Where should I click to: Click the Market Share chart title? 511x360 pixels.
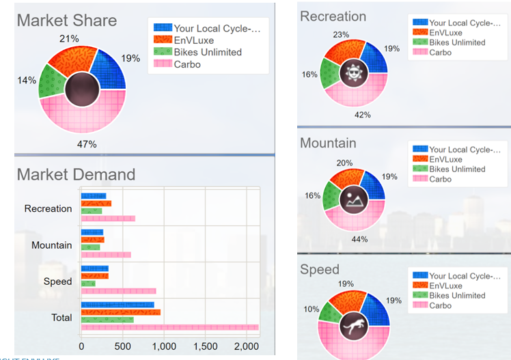pyautogui.click(x=66, y=20)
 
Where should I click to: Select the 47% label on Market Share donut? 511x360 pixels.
pyautogui.click(x=87, y=144)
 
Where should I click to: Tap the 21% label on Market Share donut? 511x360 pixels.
pyautogui.click(x=69, y=38)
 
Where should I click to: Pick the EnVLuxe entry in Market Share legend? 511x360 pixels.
pyautogui.click(x=194, y=40)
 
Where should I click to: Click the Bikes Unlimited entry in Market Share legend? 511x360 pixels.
pyautogui.click(x=207, y=53)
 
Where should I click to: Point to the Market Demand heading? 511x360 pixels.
pyautogui.click(x=76, y=175)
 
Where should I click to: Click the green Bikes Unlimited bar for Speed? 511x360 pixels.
pyautogui.click(x=88, y=283)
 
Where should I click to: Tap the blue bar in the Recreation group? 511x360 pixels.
pyautogui.click(x=94, y=196)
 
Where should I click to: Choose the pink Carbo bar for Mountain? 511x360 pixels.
pyautogui.click(x=106, y=255)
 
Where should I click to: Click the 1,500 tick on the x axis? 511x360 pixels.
pyautogui.click(x=206, y=346)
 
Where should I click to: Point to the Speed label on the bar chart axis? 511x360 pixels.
pyautogui.click(x=57, y=281)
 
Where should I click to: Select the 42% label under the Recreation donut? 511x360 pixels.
pyautogui.click(x=362, y=115)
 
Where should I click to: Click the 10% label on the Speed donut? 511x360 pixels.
pyautogui.click(x=311, y=309)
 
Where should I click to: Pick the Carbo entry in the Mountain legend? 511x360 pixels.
pyautogui.click(x=440, y=179)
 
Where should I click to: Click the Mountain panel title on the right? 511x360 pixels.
pyautogui.click(x=328, y=143)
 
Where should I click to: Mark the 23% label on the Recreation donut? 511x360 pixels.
pyautogui.click(x=341, y=34)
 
